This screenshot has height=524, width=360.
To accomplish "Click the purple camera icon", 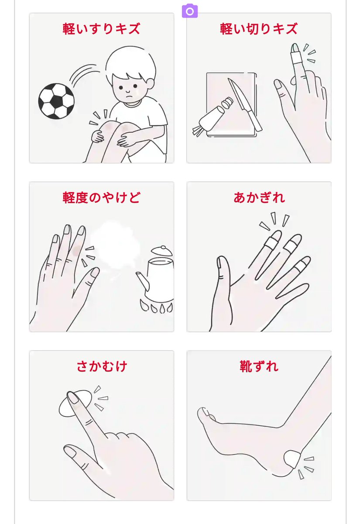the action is (190, 11).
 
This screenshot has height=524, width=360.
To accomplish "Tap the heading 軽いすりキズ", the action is (101, 29).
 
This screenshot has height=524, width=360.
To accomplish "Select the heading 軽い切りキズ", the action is (259, 29).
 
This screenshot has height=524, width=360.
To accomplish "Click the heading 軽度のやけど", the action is (101, 197).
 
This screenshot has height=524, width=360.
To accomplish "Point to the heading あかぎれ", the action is (259, 197).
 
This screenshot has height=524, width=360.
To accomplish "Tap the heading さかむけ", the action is (102, 366).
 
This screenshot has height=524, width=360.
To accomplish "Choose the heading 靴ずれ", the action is (259, 366).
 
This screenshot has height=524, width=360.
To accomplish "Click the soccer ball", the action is (56, 101).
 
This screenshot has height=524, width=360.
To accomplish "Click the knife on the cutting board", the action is (245, 104).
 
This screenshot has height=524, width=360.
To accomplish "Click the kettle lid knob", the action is (163, 247).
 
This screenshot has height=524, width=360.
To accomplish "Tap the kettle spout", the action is (143, 281).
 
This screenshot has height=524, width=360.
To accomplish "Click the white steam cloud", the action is (114, 245).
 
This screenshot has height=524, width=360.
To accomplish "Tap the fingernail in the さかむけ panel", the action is (73, 398).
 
